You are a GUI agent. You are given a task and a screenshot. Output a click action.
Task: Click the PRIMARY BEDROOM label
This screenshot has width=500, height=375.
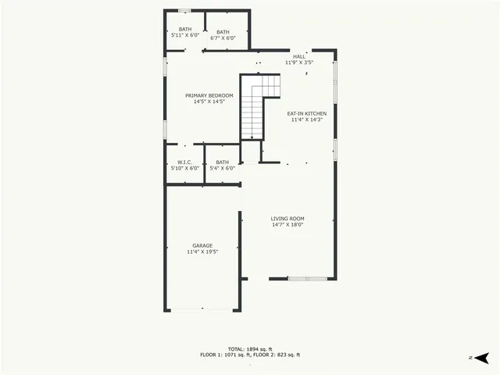(209, 95)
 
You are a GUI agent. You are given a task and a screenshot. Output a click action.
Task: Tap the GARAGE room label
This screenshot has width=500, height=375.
(202, 245)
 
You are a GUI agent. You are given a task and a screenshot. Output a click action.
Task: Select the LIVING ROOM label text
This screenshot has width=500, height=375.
(287, 218)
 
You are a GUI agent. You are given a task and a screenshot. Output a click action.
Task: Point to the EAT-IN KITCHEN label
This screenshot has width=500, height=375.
(308, 113)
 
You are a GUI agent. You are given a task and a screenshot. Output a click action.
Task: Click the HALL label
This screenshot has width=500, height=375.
(299, 56)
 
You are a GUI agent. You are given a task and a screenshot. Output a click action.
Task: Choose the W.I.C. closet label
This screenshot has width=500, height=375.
(185, 162)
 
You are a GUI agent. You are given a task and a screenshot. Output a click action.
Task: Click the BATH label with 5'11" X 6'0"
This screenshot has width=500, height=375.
(185, 30)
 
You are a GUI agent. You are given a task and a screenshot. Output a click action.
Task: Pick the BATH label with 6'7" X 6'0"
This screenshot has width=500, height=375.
(223, 31)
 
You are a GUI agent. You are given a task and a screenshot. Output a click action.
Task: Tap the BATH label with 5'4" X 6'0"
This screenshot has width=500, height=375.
(223, 162)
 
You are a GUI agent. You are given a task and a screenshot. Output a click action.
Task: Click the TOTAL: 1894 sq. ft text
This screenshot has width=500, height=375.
(250, 348)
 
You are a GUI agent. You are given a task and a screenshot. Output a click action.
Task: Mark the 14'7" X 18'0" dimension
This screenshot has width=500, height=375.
(287, 225)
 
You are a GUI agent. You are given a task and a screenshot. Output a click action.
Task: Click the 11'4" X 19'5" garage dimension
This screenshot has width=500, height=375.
(202, 252)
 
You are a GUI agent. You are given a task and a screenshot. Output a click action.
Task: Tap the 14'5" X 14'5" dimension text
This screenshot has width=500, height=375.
(209, 102)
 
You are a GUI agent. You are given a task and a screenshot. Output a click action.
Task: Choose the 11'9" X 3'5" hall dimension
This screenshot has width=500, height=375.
(299, 62)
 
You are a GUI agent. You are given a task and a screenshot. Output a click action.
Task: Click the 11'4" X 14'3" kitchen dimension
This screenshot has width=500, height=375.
(308, 120)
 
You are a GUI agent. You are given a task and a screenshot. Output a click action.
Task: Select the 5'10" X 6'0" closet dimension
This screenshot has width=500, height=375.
(185, 168)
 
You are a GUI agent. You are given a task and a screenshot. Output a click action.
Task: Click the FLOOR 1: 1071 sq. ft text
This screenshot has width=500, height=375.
(223, 355)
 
